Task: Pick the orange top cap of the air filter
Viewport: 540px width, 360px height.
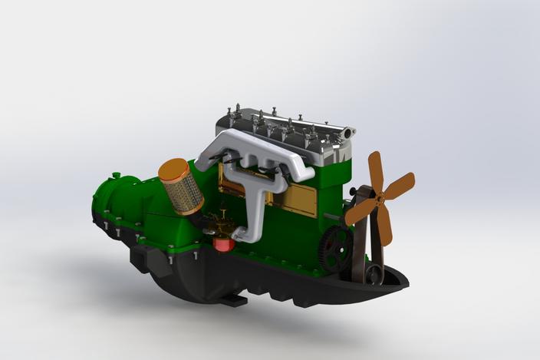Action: [x=172, y=168]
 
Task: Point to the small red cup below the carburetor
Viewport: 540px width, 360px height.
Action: [x=223, y=244]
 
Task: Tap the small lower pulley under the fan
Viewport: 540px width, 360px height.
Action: [x=374, y=274]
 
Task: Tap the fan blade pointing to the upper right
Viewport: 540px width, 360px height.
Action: [x=401, y=184]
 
